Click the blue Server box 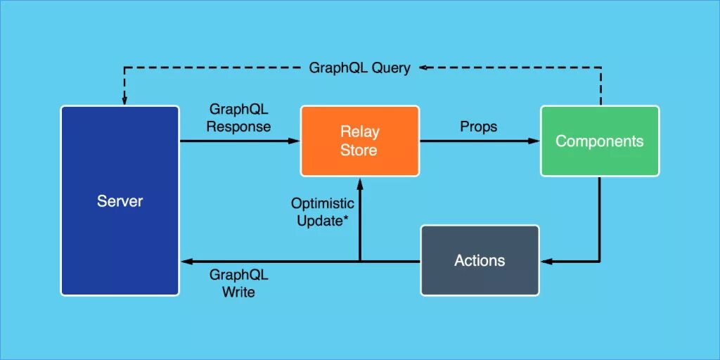tap(120, 200)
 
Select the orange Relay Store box tap(359, 141)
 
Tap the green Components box tap(599, 141)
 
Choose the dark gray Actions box tap(480, 260)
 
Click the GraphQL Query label tap(359, 68)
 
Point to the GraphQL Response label tap(238, 118)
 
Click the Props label tap(478, 127)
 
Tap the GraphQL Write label tap(238, 283)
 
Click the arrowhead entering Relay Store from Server tap(295, 141)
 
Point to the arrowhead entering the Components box tap(534, 141)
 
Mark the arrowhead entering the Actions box tap(546, 262)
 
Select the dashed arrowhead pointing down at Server tap(124, 101)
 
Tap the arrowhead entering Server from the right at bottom tap(186, 262)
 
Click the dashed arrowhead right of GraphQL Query tap(424, 68)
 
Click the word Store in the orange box tap(359, 150)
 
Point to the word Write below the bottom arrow tap(238, 291)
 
